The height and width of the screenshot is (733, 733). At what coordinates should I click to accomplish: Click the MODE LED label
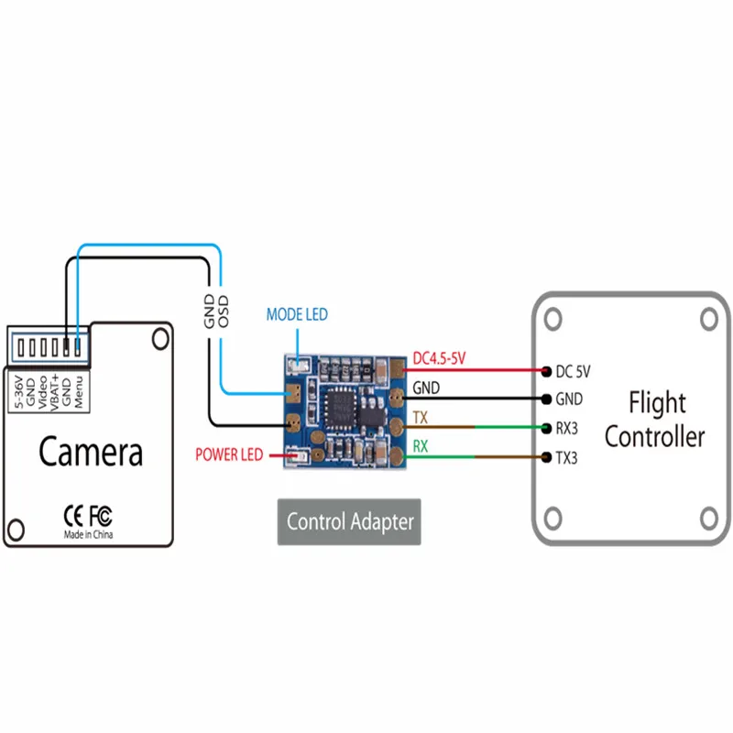tap(296, 315)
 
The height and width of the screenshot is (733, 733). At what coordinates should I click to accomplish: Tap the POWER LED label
tap(228, 454)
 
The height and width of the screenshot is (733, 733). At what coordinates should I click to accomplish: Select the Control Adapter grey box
tap(349, 522)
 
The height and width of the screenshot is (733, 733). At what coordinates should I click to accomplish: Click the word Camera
tap(90, 452)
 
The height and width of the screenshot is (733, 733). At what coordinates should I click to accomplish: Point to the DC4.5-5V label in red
tap(439, 359)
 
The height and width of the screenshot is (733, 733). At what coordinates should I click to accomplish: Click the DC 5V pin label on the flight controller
tap(574, 372)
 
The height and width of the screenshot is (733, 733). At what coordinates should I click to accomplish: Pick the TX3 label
tap(567, 457)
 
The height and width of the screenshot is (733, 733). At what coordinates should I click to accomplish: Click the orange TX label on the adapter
tap(421, 417)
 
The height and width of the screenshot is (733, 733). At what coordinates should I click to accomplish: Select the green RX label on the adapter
tap(421, 447)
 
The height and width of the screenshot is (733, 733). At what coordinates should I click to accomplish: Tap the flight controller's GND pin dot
tap(546, 399)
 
